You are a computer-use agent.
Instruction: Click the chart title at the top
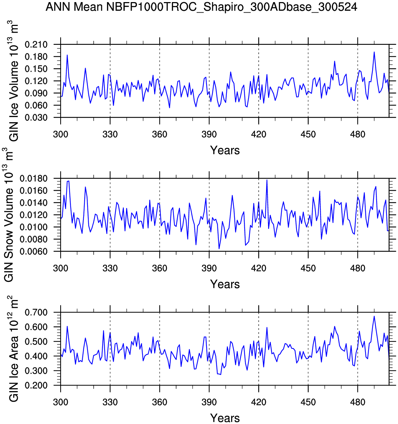coord(201,7)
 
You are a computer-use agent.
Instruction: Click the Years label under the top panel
coord(225,150)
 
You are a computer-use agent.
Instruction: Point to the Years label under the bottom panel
coord(225,418)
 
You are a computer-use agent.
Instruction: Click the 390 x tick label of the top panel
coord(209,134)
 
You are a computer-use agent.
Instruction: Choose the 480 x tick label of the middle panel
coord(357,269)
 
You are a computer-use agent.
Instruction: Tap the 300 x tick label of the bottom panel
coord(61,402)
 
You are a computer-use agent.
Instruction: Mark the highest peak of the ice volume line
coord(374,52)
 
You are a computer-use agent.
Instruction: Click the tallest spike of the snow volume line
coord(267,180)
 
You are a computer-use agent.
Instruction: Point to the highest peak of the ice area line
coord(374,316)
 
